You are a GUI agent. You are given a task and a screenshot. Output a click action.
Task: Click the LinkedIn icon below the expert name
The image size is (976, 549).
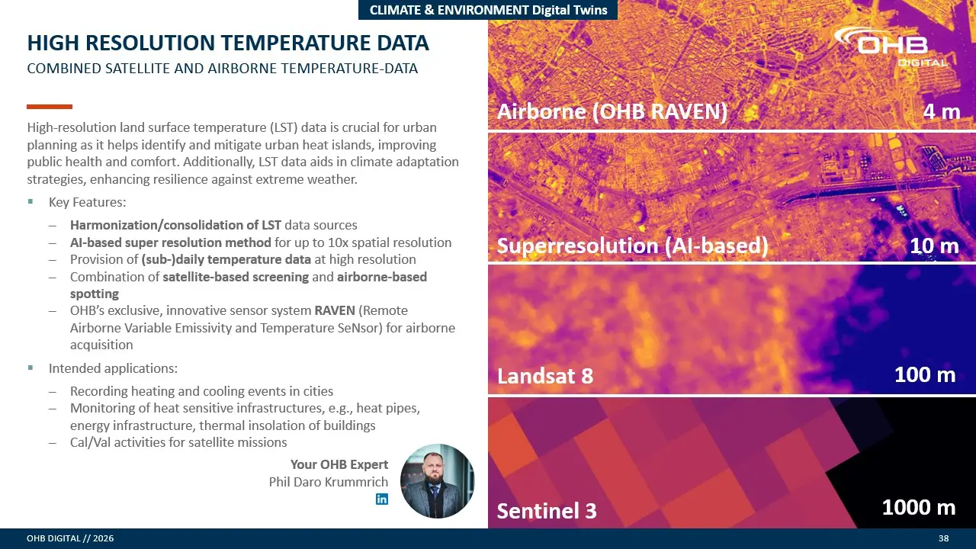click(x=382, y=499)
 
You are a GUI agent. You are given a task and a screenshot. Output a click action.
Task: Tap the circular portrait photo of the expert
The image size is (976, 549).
click(x=437, y=481)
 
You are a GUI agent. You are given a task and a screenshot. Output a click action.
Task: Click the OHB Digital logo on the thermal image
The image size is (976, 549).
click(x=891, y=47)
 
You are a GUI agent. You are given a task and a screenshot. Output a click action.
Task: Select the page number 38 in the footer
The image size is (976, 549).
click(x=943, y=538)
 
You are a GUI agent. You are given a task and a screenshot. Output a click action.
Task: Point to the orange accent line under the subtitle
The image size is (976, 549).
click(x=50, y=107)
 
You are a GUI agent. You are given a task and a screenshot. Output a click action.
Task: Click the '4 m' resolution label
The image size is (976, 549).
click(x=942, y=112)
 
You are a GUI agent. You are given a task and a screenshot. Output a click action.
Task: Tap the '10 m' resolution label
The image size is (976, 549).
click(x=935, y=246)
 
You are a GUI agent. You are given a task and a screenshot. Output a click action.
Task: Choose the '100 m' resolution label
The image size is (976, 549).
click(x=925, y=374)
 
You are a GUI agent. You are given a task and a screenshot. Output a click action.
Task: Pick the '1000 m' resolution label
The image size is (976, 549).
click(x=919, y=508)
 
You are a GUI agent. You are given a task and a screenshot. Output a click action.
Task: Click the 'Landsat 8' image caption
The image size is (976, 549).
click(x=545, y=376)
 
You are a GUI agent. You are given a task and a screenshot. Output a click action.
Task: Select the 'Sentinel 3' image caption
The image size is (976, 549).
click(x=547, y=511)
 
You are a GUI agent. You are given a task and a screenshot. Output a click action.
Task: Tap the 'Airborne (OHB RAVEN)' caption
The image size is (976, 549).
click(x=612, y=111)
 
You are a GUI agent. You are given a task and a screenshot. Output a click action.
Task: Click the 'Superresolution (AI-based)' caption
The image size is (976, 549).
click(x=633, y=246)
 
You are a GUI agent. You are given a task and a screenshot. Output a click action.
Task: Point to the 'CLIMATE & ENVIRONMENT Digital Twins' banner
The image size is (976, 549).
click(x=488, y=10)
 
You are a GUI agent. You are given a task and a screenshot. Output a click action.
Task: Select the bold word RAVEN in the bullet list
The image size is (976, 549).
click(x=335, y=310)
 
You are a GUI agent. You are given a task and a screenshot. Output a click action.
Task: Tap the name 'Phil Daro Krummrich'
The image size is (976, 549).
click(x=329, y=482)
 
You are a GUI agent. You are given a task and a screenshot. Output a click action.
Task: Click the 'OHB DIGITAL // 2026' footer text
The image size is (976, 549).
click(x=70, y=538)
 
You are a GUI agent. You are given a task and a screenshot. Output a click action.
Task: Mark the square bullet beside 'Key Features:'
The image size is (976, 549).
click(x=30, y=201)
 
